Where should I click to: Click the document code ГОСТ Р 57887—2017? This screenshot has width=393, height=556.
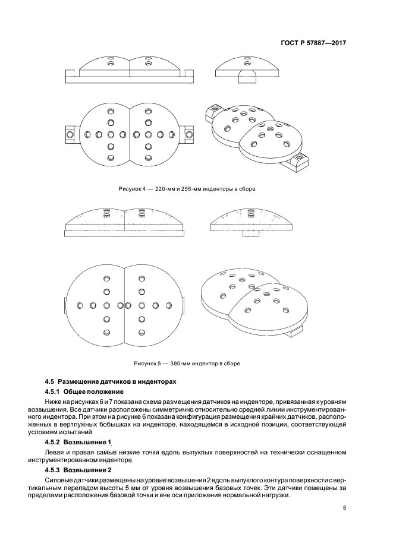pyautogui.click(x=313, y=43)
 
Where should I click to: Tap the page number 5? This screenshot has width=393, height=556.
pyautogui.click(x=345, y=508)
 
